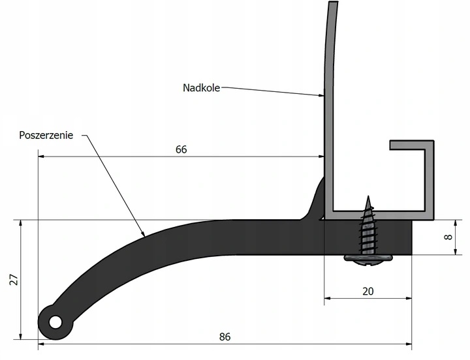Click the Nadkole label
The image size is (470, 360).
pyautogui.click(x=201, y=88)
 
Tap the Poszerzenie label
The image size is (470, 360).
pyautogui.click(x=46, y=135)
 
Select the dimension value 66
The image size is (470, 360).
pyautogui.click(x=181, y=149)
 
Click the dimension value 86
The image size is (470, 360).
pyautogui.click(x=225, y=337)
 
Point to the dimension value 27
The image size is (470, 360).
pyautogui.click(x=14, y=279)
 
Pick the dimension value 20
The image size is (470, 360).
pyautogui.click(x=368, y=292)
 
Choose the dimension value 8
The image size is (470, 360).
pyautogui.click(x=448, y=237)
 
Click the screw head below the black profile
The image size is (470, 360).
pyautogui.click(x=368, y=260)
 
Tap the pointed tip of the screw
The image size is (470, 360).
pyautogui.click(x=368, y=196)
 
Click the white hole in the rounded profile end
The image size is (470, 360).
pyautogui.click(x=55, y=322)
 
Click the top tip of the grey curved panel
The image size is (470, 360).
pyautogui.click(x=334, y=3)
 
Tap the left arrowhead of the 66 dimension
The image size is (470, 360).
pyautogui.click(x=41, y=157)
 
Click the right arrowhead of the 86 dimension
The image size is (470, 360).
pyautogui.click(x=409, y=344)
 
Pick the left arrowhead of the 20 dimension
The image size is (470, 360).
pyautogui.click(x=327, y=298)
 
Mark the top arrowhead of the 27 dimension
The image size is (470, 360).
pyautogui.click(x=20, y=224)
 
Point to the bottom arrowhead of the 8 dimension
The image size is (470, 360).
pyautogui.click(x=456, y=252)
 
